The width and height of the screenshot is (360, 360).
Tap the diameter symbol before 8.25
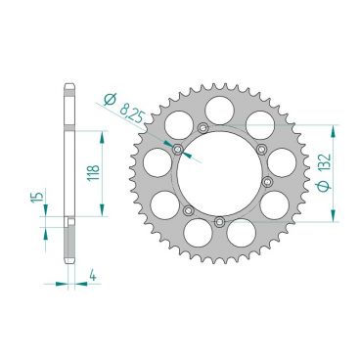pos(110,95)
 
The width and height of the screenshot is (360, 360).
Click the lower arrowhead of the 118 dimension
pos(101,212)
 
